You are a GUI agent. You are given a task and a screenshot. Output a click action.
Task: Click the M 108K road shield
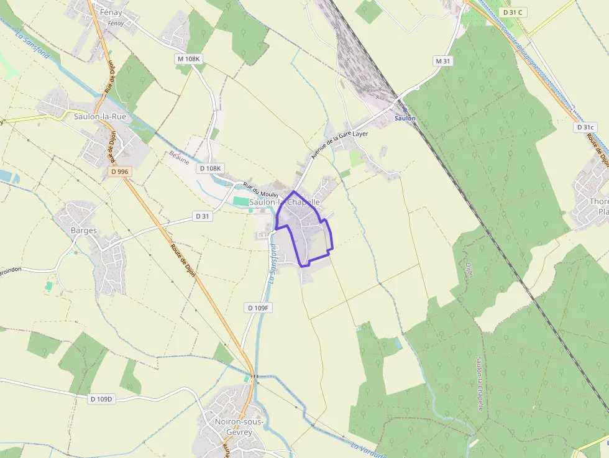189,59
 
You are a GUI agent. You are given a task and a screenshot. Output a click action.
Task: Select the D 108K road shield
210,168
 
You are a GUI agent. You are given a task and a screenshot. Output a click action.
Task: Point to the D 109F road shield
257,308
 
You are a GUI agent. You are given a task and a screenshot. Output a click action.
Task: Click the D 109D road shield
101,398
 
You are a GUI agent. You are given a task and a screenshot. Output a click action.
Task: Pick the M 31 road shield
442,61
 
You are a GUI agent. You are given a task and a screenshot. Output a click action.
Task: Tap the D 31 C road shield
513,12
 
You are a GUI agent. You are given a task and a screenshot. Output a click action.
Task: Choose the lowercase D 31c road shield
585,127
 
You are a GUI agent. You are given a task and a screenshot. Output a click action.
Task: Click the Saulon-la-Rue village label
100,116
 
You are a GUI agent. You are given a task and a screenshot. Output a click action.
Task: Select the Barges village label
84,231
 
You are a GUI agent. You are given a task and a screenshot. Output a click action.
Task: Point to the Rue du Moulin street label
260,190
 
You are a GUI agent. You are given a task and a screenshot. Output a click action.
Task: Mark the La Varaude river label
368,450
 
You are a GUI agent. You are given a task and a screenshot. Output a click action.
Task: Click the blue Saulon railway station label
405,118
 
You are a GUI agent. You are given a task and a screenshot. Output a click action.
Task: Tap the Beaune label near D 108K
179,158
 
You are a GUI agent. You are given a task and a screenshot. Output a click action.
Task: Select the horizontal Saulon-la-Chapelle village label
284,202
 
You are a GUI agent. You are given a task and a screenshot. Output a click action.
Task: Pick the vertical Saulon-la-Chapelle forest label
479,383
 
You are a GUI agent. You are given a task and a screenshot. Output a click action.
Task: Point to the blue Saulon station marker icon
405,109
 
